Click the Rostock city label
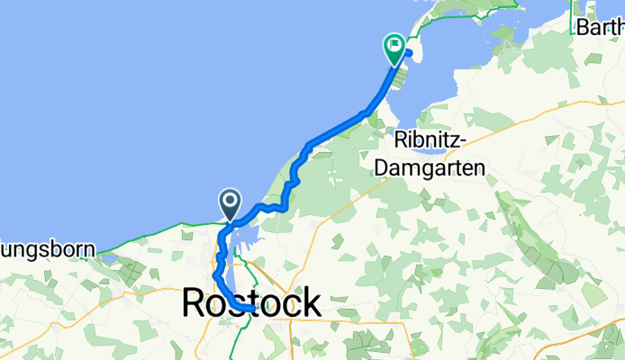(250, 303)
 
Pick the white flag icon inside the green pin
(394, 44)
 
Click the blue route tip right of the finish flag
(408, 52)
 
